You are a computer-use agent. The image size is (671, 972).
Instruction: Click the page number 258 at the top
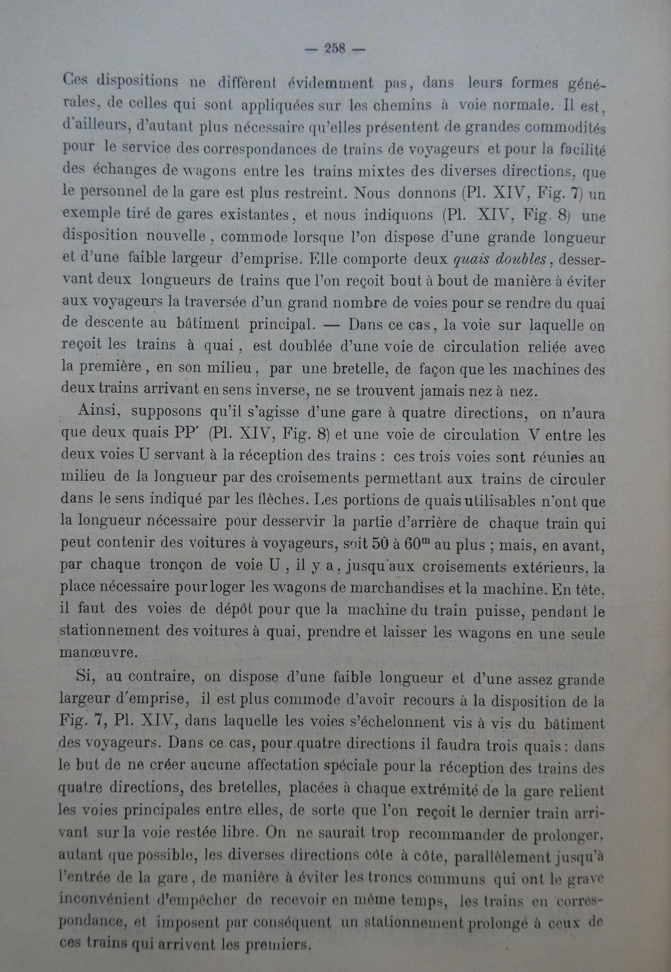tap(335, 50)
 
